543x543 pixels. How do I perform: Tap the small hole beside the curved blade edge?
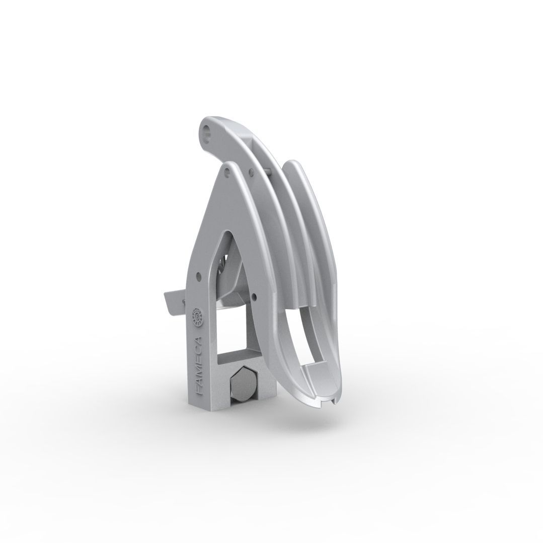click(254, 296)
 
